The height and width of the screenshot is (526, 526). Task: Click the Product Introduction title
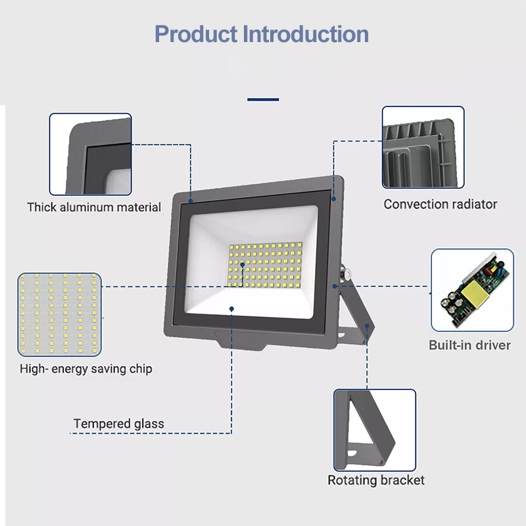point(262,34)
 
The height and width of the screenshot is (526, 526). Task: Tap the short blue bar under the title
point(263,100)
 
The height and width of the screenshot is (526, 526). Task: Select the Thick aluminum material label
point(94,208)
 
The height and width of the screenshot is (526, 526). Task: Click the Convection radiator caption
point(441,204)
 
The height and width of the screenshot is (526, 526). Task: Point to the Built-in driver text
point(469,345)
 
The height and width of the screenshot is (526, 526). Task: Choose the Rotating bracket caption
point(376,481)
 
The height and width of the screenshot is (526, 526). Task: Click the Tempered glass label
point(119,424)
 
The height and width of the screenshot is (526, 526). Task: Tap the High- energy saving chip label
point(86,369)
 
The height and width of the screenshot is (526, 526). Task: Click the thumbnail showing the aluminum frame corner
point(91,155)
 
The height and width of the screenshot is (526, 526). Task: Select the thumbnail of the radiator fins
point(423,147)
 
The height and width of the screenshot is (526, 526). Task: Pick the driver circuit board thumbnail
point(471,290)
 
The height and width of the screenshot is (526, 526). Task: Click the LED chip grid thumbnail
point(60,314)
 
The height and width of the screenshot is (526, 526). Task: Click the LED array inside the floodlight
point(263,265)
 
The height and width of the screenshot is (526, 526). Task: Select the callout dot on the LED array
point(243,264)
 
